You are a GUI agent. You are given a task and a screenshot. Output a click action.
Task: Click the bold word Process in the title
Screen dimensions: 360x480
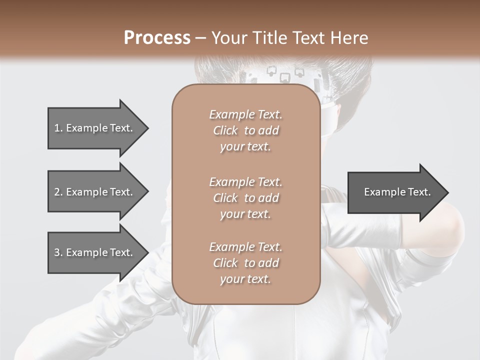[157, 37]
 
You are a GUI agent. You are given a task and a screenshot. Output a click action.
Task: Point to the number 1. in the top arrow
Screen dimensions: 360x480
[58, 128]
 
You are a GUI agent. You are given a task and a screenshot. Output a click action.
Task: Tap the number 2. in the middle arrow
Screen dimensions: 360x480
[58, 192]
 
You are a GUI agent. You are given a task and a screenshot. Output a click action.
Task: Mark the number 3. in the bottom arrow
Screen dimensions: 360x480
[58, 252]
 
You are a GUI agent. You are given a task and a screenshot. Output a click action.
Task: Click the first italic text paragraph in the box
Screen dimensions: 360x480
[245, 130]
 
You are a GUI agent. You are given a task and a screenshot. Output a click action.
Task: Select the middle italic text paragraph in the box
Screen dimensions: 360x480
[245, 198]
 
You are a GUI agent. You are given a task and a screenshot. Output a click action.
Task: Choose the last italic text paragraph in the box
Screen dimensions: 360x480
[245, 263]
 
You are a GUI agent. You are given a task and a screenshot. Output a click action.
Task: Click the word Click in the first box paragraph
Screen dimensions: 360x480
[225, 130]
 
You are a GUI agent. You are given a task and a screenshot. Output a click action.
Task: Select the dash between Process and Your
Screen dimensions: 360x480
[201, 37]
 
